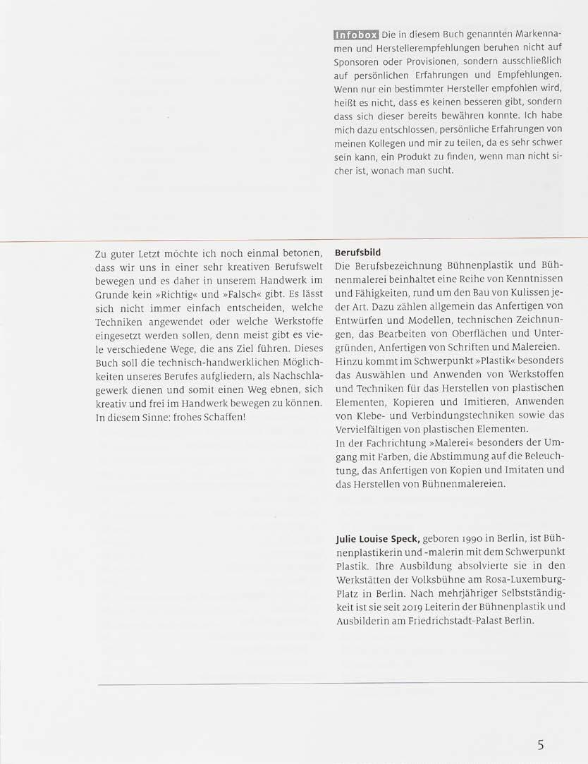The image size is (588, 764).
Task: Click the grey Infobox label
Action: click(357, 35)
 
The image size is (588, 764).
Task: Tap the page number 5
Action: click(540, 724)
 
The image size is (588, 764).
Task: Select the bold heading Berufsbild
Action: click(358, 252)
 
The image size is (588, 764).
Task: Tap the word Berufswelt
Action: click(297, 267)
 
